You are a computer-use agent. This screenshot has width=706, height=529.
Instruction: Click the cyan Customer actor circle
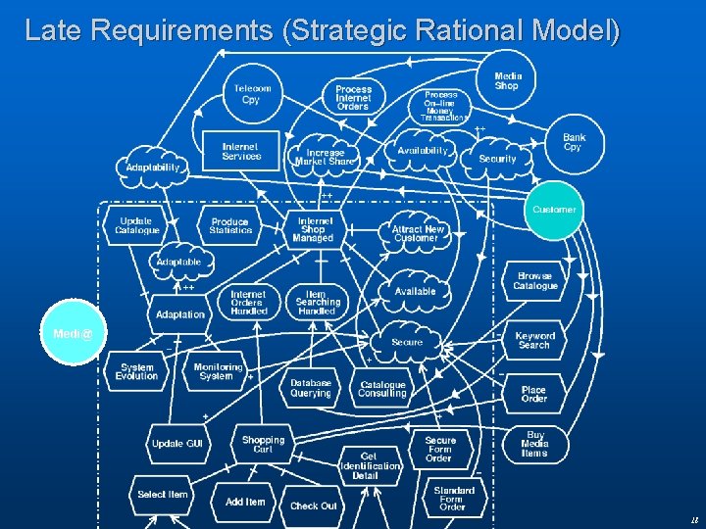(x=554, y=210)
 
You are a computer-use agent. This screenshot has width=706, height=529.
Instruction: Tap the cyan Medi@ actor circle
(x=73, y=334)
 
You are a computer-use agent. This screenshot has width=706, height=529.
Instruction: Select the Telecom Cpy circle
(x=252, y=94)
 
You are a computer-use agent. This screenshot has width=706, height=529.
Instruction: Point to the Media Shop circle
(x=508, y=80)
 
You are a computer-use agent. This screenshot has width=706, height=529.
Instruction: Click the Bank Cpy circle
(x=574, y=143)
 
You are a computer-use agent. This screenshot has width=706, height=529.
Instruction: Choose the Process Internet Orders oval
(x=353, y=96)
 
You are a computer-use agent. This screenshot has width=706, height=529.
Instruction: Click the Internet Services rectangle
(x=240, y=152)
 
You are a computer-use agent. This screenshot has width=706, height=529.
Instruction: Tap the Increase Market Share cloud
(x=326, y=157)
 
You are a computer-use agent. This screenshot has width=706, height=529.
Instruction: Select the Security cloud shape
(x=497, y=158)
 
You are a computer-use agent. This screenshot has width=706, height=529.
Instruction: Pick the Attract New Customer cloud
(x=418, y=233)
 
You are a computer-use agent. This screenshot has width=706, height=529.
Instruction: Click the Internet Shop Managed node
(x=314, y=230)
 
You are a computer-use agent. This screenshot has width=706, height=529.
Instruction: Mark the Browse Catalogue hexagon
(x=534, y=281)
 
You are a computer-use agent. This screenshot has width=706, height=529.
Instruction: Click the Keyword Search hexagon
(x=534, y=340)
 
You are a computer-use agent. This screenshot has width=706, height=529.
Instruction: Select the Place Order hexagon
(x=534, y=394)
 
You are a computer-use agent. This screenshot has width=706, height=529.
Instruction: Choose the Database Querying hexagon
(x=311, y=388)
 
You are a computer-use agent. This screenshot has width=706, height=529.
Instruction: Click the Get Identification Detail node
(x=369, y=465)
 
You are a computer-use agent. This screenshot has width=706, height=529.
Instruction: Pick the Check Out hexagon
(x=313, y=505)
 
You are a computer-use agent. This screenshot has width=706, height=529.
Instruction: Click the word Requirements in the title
(x=180, y=30)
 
